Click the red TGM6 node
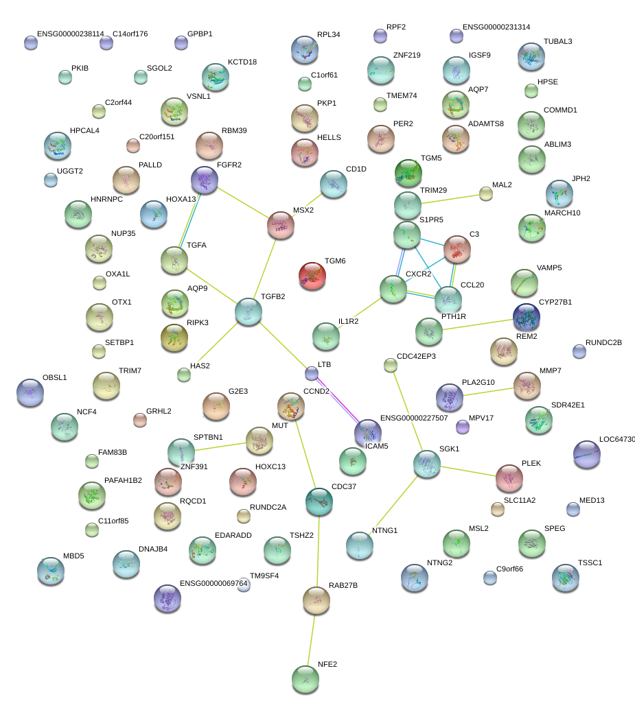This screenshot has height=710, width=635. [312, 275]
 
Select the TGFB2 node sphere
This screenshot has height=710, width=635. [248, 311]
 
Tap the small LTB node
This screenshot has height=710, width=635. [312, 373]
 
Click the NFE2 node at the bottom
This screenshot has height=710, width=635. [305, 679]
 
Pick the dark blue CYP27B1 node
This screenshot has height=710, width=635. [527, 317]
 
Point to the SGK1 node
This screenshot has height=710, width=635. [426, 464]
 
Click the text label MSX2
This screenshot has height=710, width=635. [303, 211]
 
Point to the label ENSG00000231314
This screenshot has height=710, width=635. [496, 27]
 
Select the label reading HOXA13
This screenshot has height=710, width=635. [181, 200]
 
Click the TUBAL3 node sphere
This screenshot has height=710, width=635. [531, 57]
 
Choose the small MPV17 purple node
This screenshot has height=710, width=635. [463, 427]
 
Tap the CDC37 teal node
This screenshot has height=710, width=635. [319, 501]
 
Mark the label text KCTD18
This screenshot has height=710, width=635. [242, 62]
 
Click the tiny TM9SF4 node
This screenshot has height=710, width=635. [244, 584]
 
